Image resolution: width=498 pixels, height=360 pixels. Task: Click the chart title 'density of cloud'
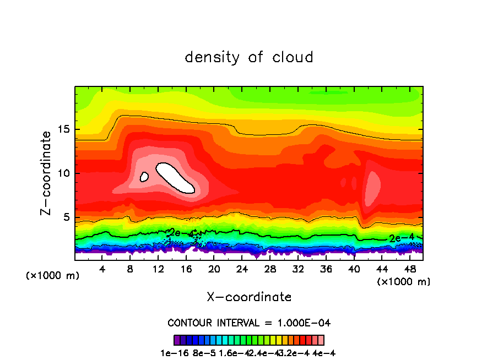249,57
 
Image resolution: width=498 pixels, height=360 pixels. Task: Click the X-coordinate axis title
249,297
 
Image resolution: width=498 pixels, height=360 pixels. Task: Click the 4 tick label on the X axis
102,269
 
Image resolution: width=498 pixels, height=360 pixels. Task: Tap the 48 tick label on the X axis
409,269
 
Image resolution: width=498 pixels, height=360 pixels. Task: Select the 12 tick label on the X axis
158,269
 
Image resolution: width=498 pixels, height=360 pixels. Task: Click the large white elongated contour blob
176,178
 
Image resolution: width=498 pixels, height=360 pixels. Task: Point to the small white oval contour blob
144,177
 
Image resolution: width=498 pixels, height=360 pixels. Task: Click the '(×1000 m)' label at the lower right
403,282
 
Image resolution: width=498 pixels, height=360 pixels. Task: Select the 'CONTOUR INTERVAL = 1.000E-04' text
249,323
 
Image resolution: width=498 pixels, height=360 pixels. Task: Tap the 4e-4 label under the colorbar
324,353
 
